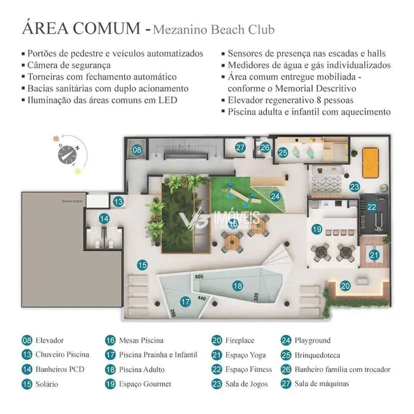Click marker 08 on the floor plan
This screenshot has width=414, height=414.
136,150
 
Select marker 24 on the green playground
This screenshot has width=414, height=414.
275,197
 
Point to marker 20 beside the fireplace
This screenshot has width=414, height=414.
345,287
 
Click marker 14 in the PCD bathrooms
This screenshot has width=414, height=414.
104,219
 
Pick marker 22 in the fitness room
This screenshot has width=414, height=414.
372,206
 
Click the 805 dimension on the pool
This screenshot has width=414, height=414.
199,277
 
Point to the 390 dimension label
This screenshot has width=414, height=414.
173,312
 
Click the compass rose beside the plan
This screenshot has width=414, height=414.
66,152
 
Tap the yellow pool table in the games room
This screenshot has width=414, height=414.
369,156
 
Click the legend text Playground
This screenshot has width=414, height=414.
313,341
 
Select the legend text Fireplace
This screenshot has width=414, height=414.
240,341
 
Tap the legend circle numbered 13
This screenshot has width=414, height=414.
27,355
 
